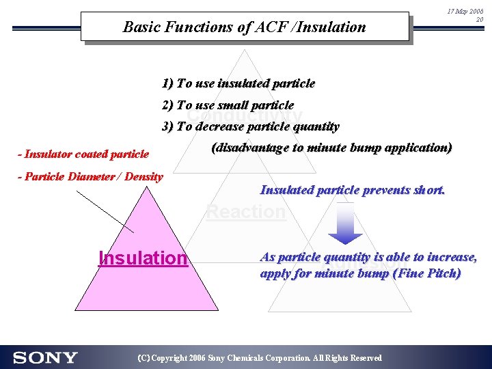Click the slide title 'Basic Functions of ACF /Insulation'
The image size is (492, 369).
pos(244,27)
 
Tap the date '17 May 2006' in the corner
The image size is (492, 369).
pos(465,12)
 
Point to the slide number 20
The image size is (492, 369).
pos(479,20)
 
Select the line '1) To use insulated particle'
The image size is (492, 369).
pos(238,84)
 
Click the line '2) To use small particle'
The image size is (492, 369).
pos(228,105)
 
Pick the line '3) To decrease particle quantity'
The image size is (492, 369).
pos(250,126)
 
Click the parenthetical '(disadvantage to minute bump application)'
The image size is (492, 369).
pos(331,148)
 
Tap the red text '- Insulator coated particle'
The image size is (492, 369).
pos(83,154)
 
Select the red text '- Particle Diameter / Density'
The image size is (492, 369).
pos(91,177)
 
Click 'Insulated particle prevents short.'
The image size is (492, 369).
pos(353,191)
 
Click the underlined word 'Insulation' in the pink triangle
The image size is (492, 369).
pos(143,258)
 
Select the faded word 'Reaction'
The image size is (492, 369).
pos(246,212)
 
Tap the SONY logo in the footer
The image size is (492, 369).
pos(45,357)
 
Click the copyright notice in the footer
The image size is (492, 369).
pos(260,358)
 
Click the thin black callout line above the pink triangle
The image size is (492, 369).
pos(105,211)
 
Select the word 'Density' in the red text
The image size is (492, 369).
pos(145,177)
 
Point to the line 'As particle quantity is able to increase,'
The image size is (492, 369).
pos(368,258)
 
